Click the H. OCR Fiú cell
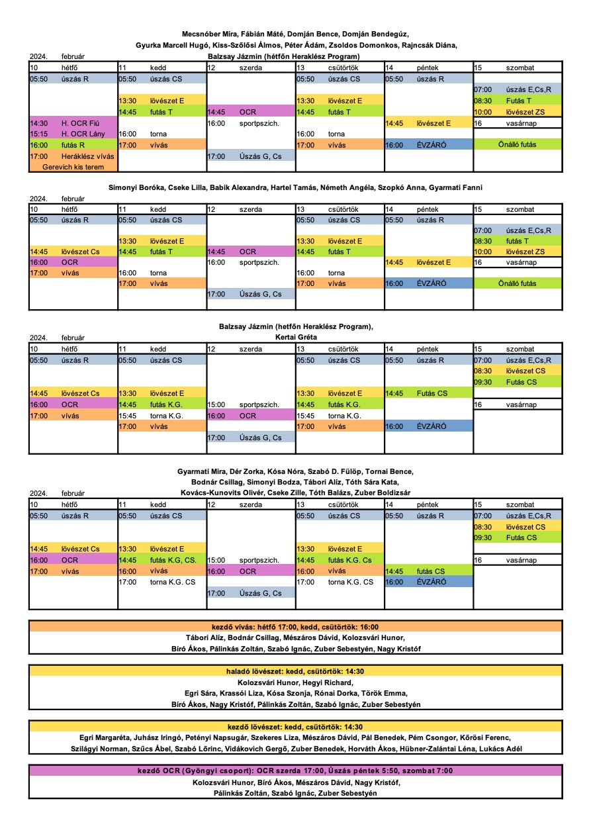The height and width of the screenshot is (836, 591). pyautogui.click(x=73, y=123)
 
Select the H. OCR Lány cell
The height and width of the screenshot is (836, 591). pyautogui.click(x=73, y=134)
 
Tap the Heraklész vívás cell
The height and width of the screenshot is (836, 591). pyautogui.click(x=73, y=156)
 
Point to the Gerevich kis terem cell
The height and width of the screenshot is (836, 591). pyautogui.click(x=73, y=167)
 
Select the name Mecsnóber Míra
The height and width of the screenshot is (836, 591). pyautogui.click(x=206, y=34)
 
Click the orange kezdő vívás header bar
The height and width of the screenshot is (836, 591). pyautogui.click(x=296, y=626)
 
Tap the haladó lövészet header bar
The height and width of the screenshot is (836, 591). pyautogui.click(x=296, y=671)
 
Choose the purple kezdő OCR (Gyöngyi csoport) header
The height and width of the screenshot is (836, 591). pyautogui.click(x=296, y=770)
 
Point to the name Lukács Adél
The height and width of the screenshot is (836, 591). pyautogui.click(x=499, y=749)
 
